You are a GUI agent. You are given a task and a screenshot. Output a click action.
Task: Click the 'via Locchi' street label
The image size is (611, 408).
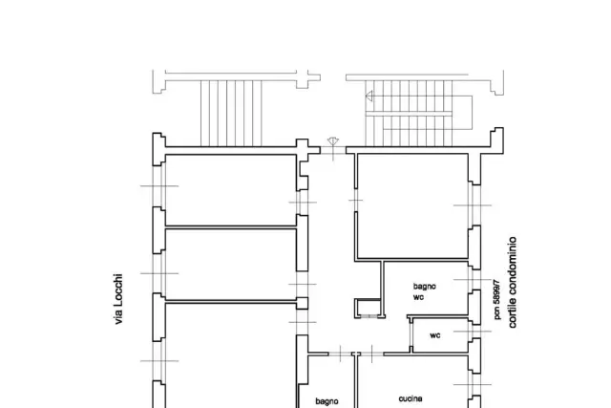[118, 299]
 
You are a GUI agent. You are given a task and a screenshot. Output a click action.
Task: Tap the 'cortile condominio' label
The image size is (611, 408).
[513, 282]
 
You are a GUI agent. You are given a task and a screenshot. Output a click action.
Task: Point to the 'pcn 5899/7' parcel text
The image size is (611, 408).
[496, 299]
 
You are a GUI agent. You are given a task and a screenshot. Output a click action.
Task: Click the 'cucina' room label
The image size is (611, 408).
[411, 398]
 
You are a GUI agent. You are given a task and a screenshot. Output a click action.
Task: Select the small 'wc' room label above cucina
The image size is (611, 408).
[435, 335]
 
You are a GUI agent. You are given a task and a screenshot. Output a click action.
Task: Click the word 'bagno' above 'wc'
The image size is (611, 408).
[424, 287]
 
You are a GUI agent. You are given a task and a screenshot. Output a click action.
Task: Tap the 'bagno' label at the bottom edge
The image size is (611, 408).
[327, 401]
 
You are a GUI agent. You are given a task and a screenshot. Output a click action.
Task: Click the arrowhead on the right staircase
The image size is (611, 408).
[369, 96]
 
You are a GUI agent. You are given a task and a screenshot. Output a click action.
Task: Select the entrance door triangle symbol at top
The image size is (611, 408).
[333, 141]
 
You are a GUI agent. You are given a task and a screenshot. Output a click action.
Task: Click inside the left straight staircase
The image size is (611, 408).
[231, 113]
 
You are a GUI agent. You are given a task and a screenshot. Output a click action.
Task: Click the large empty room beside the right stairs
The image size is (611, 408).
[412, 206]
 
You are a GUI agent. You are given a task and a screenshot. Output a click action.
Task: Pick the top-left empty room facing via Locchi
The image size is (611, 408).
[231, 190]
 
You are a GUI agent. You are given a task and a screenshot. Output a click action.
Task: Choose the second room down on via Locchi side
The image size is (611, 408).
[231, 265]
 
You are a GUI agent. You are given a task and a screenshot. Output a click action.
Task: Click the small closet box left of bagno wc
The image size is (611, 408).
[368, 309]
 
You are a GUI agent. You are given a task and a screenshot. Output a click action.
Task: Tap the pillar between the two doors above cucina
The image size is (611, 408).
[356, 354]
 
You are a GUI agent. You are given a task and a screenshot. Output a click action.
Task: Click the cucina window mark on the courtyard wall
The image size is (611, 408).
[473, 385]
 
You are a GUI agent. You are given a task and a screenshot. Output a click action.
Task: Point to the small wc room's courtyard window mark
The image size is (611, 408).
[473, 332]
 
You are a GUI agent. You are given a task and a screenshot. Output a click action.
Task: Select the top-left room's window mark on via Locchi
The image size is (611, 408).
[159, 186]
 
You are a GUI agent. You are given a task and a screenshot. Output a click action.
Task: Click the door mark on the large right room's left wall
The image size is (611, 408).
[356, 200]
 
